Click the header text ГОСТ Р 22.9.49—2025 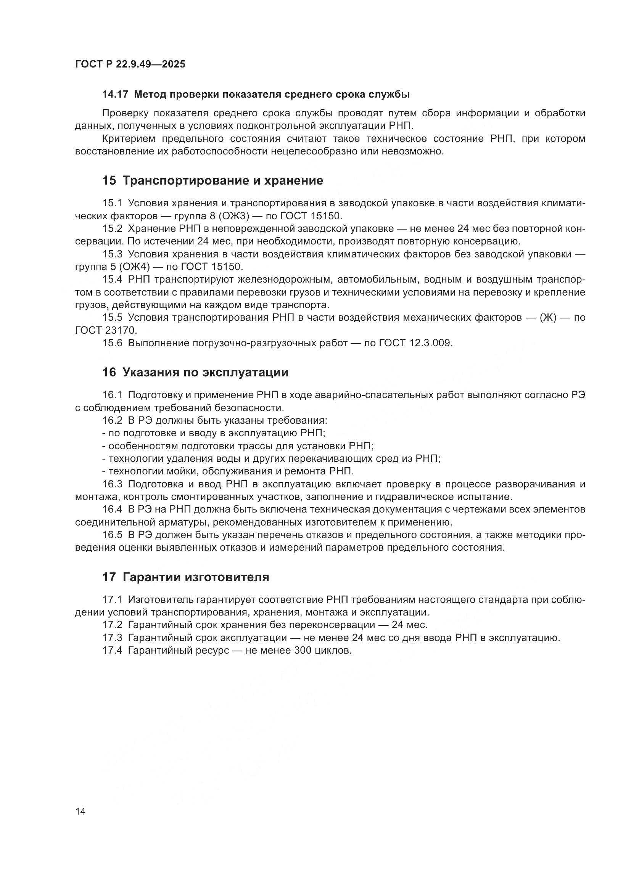pos(130,64)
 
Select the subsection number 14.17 pos(115,95)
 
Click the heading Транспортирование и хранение pos(223,181)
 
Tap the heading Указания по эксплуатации pos(206,373)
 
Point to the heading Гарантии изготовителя pos(196,577)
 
